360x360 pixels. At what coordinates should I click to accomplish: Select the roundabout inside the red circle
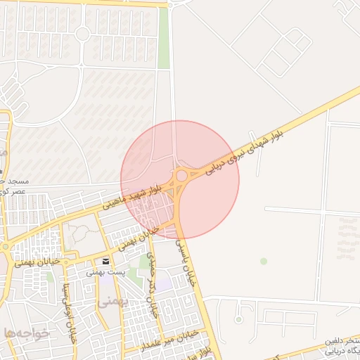(181, 175)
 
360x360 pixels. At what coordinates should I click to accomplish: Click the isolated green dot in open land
(264, 261)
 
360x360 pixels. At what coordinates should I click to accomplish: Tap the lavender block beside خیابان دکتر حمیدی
(163, 283)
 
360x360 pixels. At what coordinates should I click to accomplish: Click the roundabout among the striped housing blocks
(82, 33)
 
